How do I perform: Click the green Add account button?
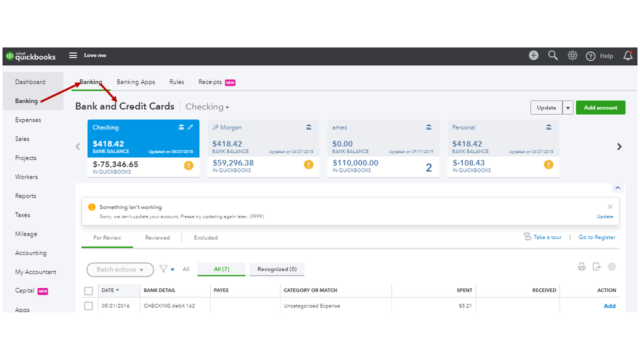pyautogui.click(x=600, y=108)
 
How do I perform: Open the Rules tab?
pyautogui.click(x=177, y=82)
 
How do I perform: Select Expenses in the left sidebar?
pyautogui.click(x=28, y=120)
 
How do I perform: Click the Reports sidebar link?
pyautogui.click(x=26, y=196)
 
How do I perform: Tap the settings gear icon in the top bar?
pyautogui.click(x=573, y=56)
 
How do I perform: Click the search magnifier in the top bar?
pyautogui.click(x=553, y=56)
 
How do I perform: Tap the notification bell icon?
pyautogui.click(x=628, y=56)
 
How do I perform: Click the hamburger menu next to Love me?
pyautogui.click(x=73, y=56)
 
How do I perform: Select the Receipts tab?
pyautogui.click(x=210, y=82)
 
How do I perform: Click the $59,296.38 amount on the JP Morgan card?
pyautogui.click(x=233, y=163)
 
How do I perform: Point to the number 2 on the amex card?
pyautogui.click(x=429, y=168)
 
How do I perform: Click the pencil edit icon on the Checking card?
pyautogui.click(x=190, y=127)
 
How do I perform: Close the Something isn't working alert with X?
pyautogui.click(x=610, y=207)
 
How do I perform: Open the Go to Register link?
pyautogui.click(x=597, y=237)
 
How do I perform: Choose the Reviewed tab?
pyautogui.click(x=158, y=238)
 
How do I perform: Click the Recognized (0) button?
pyautogui.click(x=277, y=269)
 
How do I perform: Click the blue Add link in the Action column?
pyautogui.click(x=609, y=306)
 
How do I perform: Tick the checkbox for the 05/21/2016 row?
pyautogui.click(x=88, y=306)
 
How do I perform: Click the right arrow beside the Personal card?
pyautogui.click(x=619, y=147)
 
